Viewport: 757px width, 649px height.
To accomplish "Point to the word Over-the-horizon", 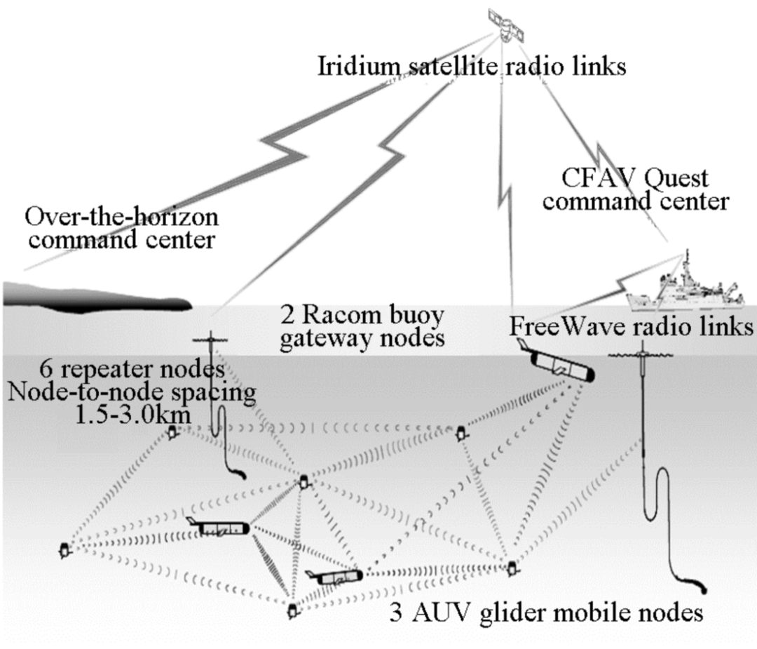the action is tap(122, 217).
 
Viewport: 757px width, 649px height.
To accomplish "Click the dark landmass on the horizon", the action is tap(97, 297).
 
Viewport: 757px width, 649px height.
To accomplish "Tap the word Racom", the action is tap(341, 315).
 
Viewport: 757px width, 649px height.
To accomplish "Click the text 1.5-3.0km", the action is tap(133, 414).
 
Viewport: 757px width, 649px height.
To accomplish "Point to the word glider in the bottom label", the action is tap(521, 613).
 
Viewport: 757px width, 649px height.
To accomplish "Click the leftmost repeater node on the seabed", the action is tap(64, 550).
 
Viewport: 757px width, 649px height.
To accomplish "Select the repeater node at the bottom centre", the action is tap(292, 611).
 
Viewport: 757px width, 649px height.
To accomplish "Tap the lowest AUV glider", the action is tap(334, 577).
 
